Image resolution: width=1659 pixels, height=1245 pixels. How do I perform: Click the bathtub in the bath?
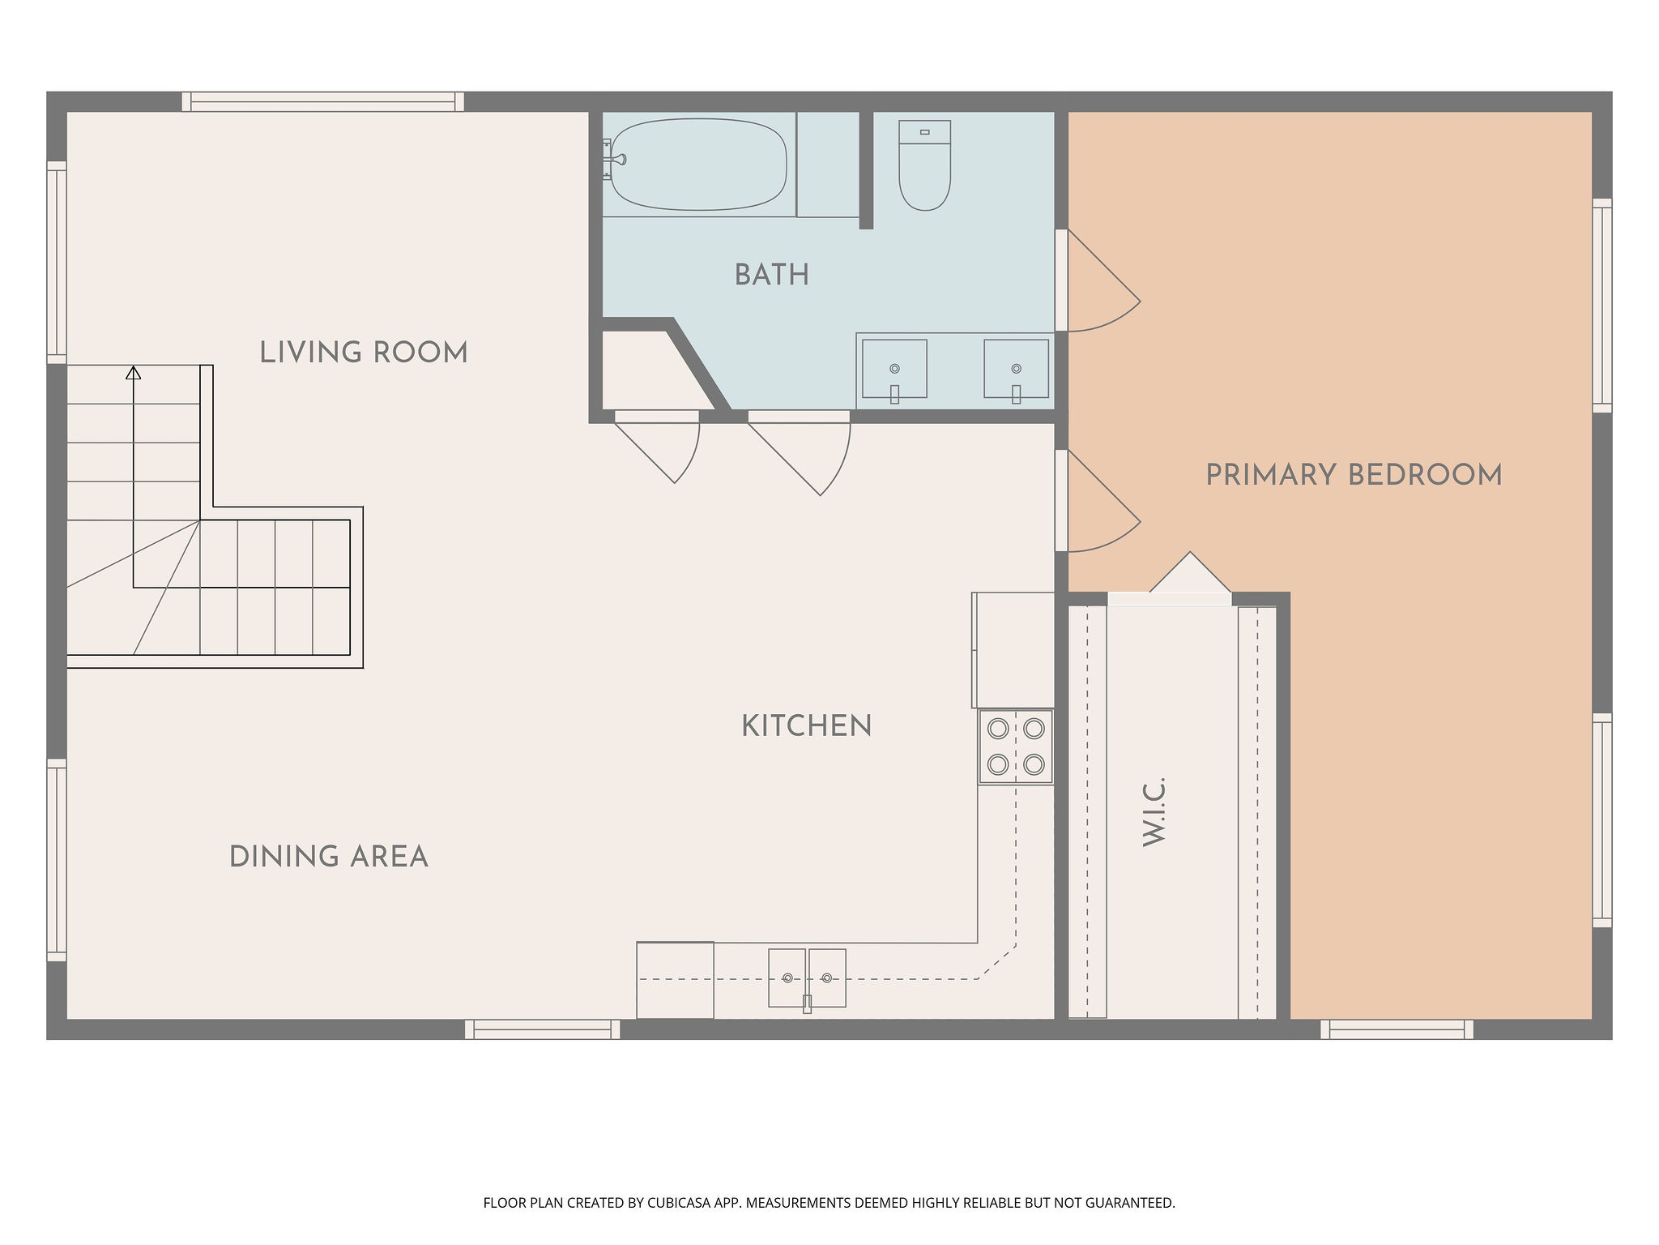click(698, 165)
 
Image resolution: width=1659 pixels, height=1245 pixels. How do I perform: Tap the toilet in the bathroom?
click(924, 165)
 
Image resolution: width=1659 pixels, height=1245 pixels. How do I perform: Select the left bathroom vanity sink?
click(894, 370)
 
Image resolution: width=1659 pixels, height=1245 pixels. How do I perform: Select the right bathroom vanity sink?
click(1016, 370)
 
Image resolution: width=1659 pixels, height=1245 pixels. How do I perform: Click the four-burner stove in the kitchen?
click(1016, 747)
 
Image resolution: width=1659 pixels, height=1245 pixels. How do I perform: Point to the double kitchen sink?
click(807, 978)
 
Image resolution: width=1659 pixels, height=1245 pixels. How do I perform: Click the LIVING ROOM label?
click(364, 353)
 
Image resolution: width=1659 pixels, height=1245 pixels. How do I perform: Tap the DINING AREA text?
click(328, 857)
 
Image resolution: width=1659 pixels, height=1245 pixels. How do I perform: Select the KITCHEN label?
click(807, 725)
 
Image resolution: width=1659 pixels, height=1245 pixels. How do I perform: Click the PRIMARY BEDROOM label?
click(1354, 475)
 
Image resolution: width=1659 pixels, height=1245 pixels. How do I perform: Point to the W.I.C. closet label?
click(1154, 812)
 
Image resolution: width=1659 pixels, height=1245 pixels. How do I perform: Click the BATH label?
click(772, 275)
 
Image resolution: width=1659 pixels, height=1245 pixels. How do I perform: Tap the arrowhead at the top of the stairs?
click(134, 373)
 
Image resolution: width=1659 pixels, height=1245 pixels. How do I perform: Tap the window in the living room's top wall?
click(323, 101)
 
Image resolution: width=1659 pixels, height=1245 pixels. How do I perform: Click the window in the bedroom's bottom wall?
click(1397, 1029)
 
